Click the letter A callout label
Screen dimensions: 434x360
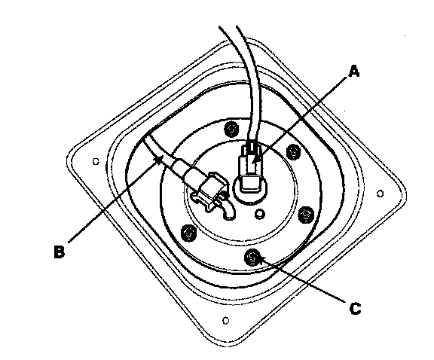click(354, 71)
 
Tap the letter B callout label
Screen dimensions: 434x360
click(60, 252)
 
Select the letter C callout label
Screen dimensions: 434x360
click(355, 308)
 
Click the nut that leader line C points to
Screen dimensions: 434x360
click(252, 257)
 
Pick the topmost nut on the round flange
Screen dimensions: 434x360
click(231, 129)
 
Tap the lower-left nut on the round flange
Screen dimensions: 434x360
click(188, 233)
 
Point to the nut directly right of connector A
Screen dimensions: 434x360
click(294, 151)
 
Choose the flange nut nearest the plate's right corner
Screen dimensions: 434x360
click(307, 214)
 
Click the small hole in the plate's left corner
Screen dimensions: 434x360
click(96, 161)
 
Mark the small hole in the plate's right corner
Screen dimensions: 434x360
click(381, 194)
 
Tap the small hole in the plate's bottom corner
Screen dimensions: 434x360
click(226, 321)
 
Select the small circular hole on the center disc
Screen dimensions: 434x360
click(260, 214)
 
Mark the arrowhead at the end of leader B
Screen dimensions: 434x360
click(159, 160)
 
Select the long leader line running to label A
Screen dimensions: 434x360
click(301, 119)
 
